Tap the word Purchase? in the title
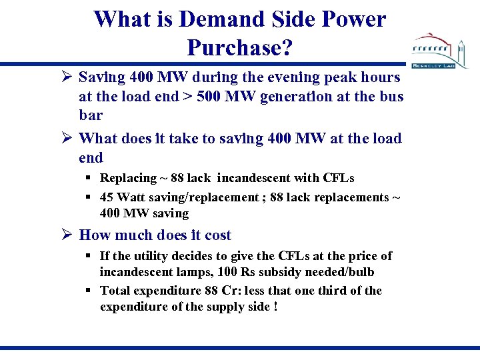240,47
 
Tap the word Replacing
128,178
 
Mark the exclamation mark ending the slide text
275,307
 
